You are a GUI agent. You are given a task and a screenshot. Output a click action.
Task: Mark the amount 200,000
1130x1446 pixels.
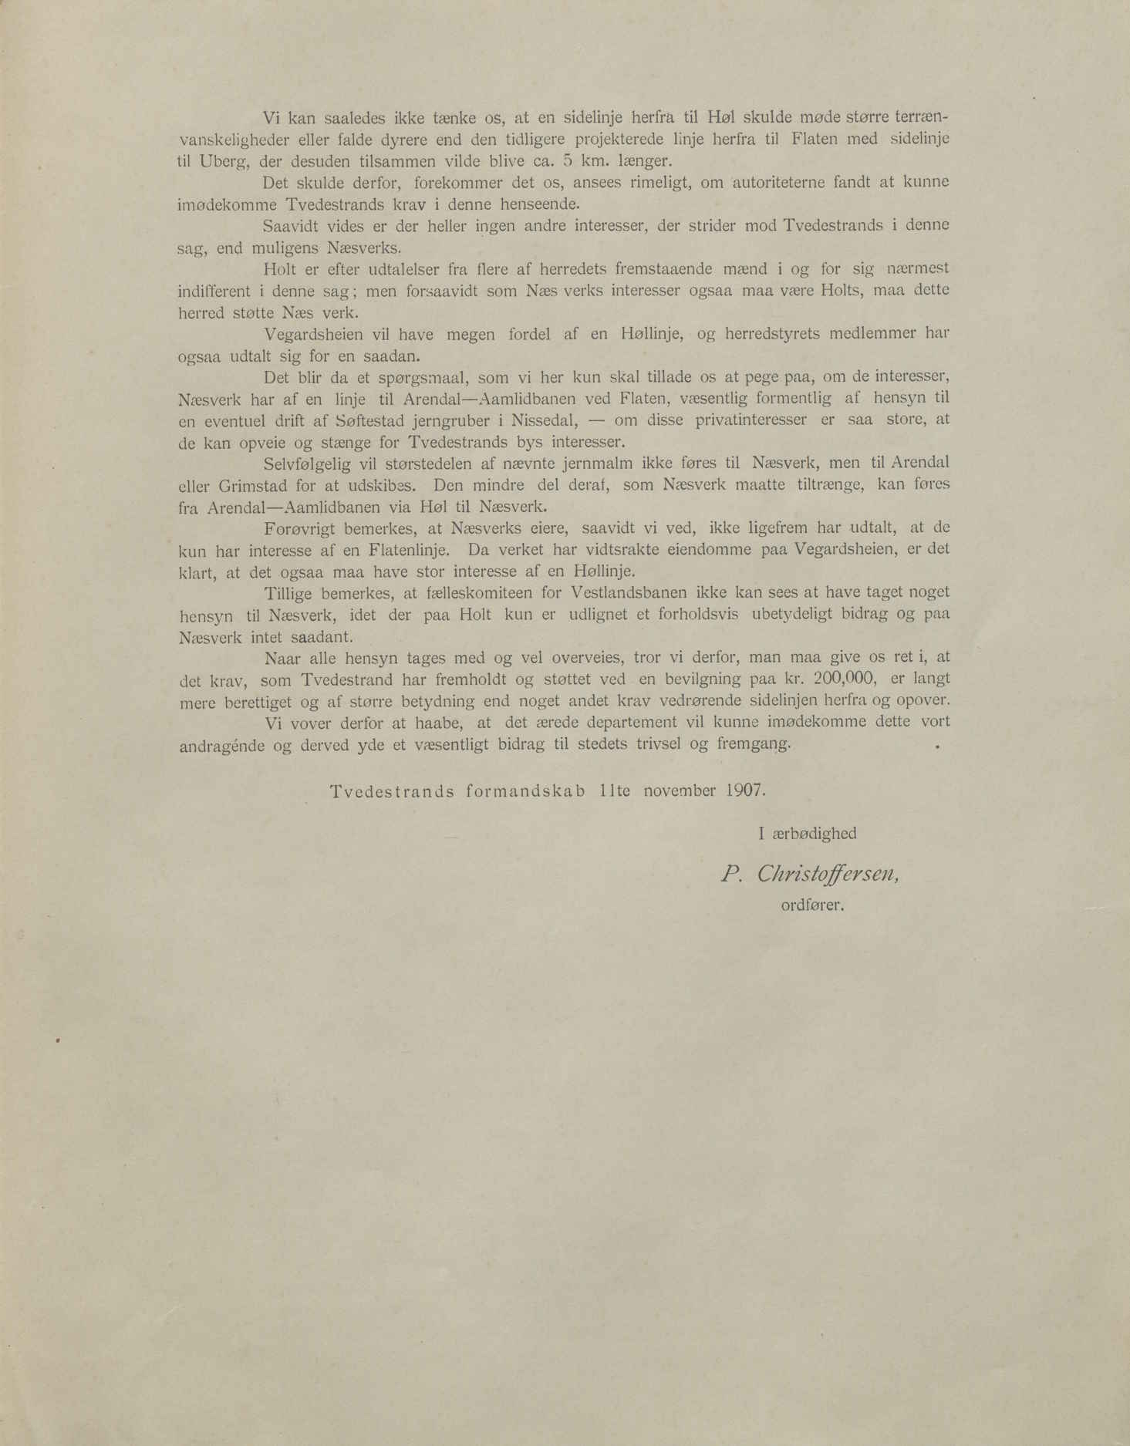click(x=841, y=679)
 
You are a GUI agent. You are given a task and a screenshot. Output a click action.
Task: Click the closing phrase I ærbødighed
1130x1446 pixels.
click(x=808, y=833)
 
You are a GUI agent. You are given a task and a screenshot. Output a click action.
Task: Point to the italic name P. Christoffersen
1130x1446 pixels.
click(x=809, y=873)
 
